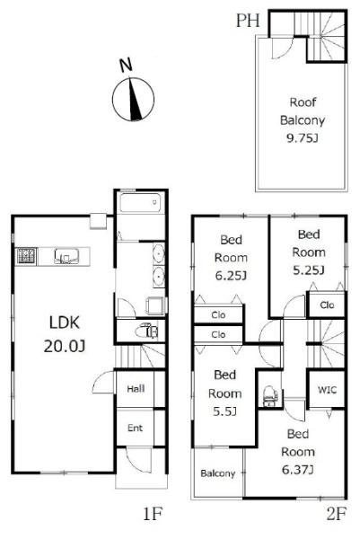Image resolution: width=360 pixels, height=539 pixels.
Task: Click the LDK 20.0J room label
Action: tap(65, 334)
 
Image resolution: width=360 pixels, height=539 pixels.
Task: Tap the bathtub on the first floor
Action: tap(140, 203)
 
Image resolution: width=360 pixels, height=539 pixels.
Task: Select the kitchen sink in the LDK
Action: tap(66, 256)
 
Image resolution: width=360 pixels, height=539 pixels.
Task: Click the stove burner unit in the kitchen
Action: tap(26, 256)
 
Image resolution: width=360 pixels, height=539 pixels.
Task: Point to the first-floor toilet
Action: tap(146, 331)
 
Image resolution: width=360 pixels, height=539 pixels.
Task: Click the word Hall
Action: tap(136, 389)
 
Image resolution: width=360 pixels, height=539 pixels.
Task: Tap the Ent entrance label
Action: tap(135, 428)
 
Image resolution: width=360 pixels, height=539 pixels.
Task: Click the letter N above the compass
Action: tap(126, 66)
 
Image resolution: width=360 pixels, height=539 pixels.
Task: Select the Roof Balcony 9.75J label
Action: tap(303, 120)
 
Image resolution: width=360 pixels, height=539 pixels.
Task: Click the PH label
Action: tap(248, 21)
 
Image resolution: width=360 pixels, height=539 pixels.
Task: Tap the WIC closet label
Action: tap(327, 390)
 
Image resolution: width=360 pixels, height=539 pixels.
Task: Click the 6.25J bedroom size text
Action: tap(231, 276)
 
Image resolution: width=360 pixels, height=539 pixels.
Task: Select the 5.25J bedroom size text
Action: tap(309, 270)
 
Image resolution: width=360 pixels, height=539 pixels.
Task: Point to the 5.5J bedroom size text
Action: tap(224, 411)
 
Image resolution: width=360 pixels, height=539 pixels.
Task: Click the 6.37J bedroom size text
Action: tap(297, 470)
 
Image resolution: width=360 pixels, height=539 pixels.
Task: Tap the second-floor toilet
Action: tap(270, 396)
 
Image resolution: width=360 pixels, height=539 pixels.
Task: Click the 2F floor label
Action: tap(336, 514)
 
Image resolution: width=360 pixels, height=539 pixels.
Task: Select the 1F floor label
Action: tap(153, 514)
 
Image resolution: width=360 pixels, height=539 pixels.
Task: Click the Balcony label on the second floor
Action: tap(218, 473)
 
